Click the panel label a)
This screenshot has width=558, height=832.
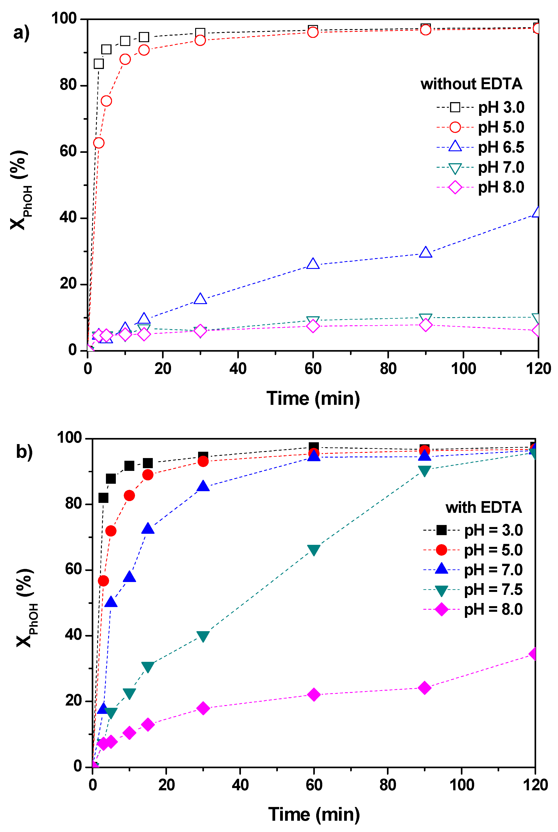21,33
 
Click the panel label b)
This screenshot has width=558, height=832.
24,451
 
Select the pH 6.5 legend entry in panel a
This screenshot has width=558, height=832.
480,147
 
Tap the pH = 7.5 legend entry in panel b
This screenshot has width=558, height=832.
473,590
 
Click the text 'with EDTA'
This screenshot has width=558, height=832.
483,507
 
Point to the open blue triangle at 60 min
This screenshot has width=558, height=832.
313,264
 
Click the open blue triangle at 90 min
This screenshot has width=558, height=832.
426,252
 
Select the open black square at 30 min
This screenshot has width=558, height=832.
200,33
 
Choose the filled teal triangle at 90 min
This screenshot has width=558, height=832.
424,470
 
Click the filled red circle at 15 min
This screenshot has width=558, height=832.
148,475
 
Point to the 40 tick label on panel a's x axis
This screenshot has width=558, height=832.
238,369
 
